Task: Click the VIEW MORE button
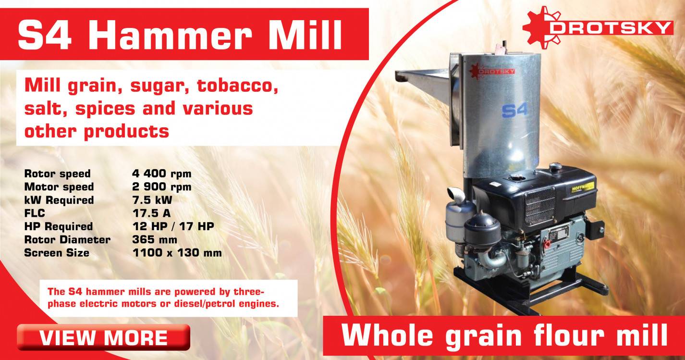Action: click(103, 337)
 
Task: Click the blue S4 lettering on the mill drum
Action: click(514, 110)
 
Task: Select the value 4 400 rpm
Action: click(161, 174)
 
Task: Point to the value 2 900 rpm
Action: click(161, 186)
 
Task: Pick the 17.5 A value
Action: click(151, 213)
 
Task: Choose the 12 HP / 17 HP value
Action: click(172, 226)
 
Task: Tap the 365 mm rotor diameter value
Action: click(154, 239)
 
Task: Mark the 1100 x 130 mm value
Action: click(177, 253)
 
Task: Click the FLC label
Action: click(34, 213)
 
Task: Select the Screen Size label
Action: click(57, 253)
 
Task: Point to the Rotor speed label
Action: click(57, 174)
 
